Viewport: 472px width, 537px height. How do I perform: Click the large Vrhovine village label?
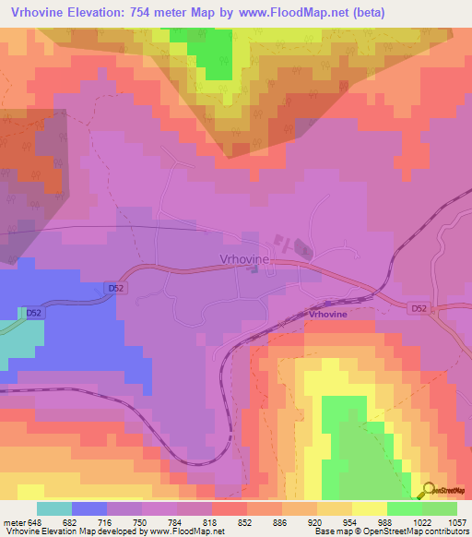pyautogui.click(x=244, y=259)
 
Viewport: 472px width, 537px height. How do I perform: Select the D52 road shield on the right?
pyautogui.click(x=419, y=308)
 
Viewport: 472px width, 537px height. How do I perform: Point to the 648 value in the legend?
pyautogui.click(x=34, y=523)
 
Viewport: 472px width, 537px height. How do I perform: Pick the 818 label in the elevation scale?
pyautogui.click(x=211, y=523)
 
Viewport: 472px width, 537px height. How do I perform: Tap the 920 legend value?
pyautogui.click(x=316, y=523)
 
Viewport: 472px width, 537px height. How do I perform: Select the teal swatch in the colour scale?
pyautogui.click(x=53, y=508)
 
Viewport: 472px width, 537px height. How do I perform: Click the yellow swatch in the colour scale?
pyautogui.click(x=369, y=508)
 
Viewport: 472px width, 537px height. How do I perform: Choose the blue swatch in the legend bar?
pyautogui.click(x=88, y=508)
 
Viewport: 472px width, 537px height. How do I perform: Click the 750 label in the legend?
pyautogui.click(x=141, y=523)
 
